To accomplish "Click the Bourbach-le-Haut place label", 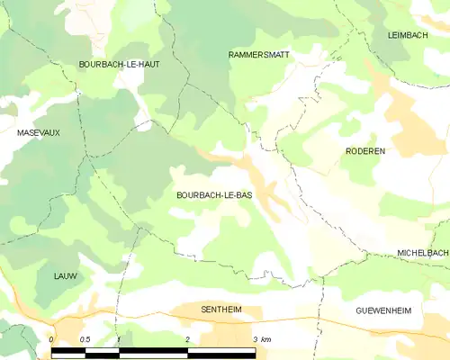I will click(x=120, y=64).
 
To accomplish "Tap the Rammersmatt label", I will click(x=258, y=55).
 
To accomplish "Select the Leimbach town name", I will click(x=405, y=34).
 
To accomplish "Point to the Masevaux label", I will click(x=39, y=132).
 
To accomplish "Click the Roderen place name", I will click(x=364, y=151).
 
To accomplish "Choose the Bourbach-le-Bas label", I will click(x=214, y=194).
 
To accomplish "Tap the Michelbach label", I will click(x=422, y=254).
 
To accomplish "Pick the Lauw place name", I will click(x=65, y=275).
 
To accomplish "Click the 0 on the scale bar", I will click(x=51, y=338).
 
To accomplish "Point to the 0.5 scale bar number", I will click(x=84, y=338).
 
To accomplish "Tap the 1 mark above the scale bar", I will click(x=118, y=338).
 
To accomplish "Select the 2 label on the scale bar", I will click(x=186, y=338).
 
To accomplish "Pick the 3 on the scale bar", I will click(x=255, y=338).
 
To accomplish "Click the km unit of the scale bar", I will click(x=267, y=338).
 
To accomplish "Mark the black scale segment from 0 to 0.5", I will click(x=68, y=351).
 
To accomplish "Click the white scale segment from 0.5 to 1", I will click(x=102, y=351).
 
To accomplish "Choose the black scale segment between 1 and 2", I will click(x=152, y=351).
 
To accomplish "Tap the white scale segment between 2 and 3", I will click(x=220, y=351).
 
